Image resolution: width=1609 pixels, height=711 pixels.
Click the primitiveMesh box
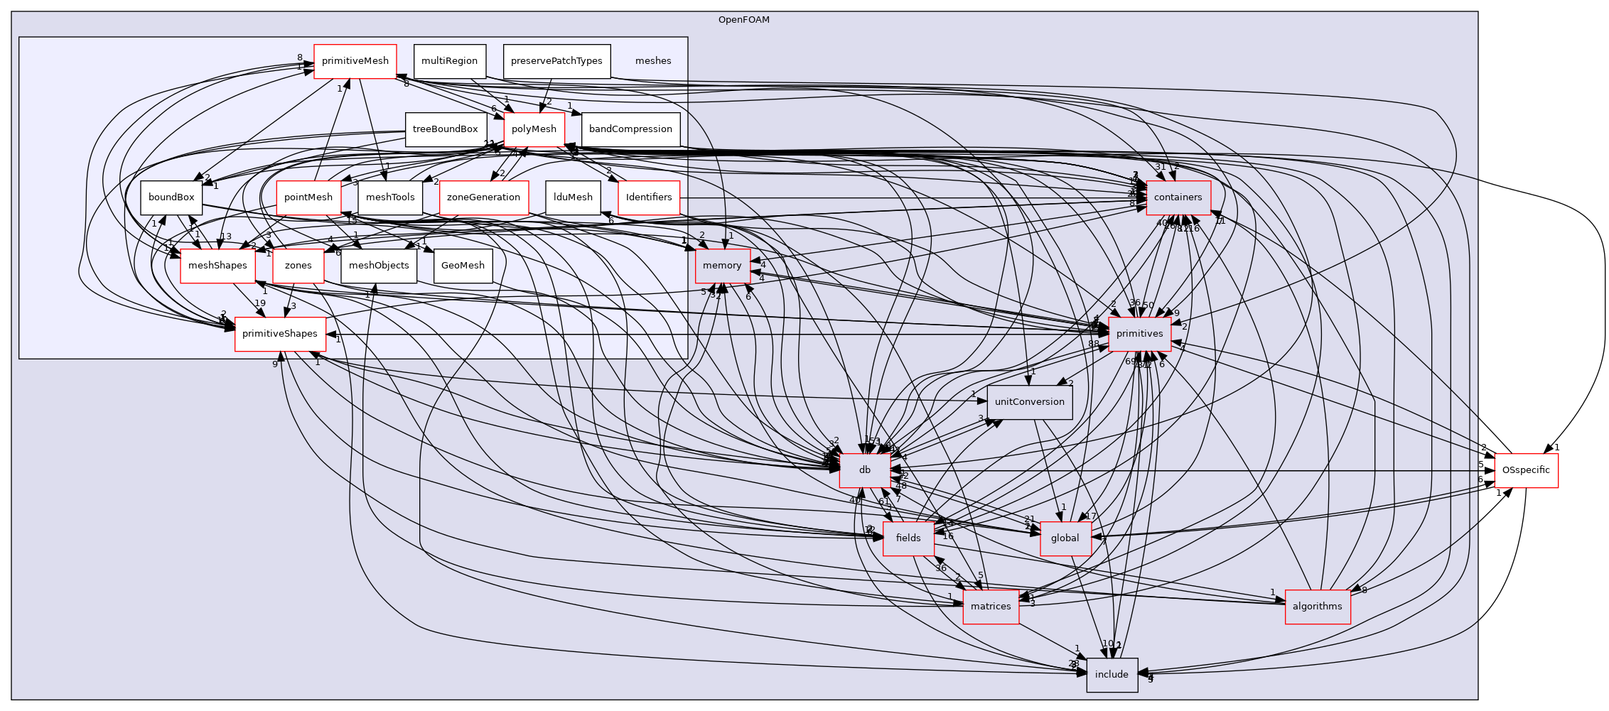point(355,61)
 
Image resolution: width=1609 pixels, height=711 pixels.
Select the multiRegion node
point(449,61)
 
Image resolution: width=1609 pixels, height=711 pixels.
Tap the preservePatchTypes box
point(556,61)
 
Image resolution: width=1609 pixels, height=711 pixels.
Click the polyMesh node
point(534,129)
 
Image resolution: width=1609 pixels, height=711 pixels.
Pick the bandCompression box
point(630,129)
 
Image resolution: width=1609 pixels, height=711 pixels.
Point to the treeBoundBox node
point(445,129)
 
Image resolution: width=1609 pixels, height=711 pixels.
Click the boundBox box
point(171,197)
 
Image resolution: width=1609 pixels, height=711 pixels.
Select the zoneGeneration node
point(483,197)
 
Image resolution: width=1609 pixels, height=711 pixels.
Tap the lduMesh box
point(573,197)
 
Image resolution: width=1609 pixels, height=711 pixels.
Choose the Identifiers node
point(649,197)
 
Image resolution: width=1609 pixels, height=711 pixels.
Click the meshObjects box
point(379,266)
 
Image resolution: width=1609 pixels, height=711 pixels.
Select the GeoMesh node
point(463,266)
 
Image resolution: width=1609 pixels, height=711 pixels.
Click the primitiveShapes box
point(281,334)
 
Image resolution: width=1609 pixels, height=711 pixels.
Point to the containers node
point(1178,197)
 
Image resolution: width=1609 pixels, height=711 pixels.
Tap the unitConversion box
point(1029,402)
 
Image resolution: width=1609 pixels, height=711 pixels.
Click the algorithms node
point(1317,607)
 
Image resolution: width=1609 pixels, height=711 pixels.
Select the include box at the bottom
point(1112,675)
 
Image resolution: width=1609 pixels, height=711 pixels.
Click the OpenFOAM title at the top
point(743,20)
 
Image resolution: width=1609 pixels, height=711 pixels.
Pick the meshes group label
point(652,61)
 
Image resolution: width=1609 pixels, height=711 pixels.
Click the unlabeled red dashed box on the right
point(1526,470)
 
